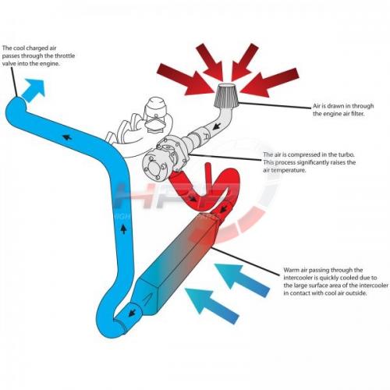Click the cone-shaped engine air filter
pyautogui.click(x=226, y=95)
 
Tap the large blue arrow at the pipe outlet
pyautogui.click(x=34, y=90)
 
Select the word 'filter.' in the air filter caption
pyautogui.click(x=356, y=114)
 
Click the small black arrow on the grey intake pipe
pyautogui.click(x=215, y=127)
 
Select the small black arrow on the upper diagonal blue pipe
pyautogui.click(x=67, y=136)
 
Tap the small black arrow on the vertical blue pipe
pyautogui.click(x=124, y=229)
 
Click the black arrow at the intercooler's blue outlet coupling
pyautogui.click(x=133, y=313)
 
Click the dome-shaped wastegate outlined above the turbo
pyautogui.click(x=156, y=109)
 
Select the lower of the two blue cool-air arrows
pyautogui.click(x=211, y=306)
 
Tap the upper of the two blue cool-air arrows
pyautogui.click(x=242, y=280)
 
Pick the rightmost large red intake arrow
pyautogui.click(x=269, y=81)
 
